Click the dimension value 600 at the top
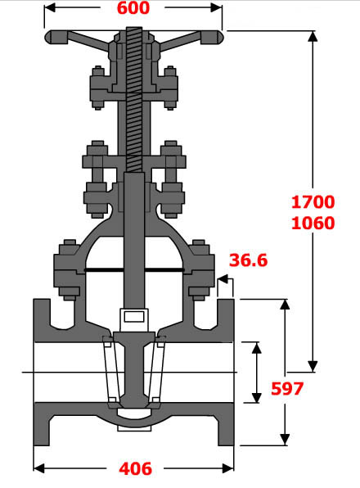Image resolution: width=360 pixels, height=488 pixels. [133, 8]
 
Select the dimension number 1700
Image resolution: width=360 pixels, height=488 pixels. [313, 201]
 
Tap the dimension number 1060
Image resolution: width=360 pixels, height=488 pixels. [313, 222]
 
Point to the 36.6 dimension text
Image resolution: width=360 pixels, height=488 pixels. [249, 260]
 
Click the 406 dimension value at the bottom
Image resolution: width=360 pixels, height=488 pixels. [135, 469]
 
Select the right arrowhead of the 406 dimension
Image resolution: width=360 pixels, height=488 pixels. [230, 468]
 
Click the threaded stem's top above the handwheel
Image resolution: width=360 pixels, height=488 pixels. [134, 34]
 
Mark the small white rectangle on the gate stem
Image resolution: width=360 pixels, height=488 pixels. [133, 316]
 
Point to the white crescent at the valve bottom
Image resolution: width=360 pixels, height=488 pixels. [133, 423]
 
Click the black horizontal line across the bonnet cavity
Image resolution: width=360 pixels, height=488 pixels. [134, 269]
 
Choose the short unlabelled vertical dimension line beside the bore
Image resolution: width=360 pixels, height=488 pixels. [256, 373]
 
